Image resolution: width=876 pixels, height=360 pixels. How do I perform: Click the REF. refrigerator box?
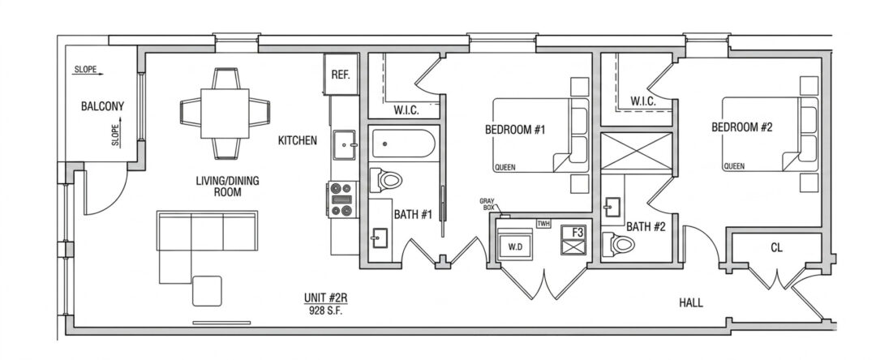341,75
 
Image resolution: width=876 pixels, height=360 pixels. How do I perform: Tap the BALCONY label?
102,106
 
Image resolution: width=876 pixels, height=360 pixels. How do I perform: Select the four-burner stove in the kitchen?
342,199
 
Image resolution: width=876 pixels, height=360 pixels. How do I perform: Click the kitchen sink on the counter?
344,145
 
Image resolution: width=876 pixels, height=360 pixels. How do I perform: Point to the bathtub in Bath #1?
403,144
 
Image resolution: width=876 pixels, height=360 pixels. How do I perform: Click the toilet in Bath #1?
386,180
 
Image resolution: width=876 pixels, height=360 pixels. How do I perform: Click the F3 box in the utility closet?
573,240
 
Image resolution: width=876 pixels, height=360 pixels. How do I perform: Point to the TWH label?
543,224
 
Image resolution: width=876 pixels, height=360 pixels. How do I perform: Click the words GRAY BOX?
487,204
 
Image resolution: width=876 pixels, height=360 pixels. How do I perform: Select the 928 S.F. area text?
325,311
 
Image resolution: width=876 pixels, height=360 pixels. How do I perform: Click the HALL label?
691,303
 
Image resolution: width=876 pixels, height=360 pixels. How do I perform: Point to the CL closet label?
776,248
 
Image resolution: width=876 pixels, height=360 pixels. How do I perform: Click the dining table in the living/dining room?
225,114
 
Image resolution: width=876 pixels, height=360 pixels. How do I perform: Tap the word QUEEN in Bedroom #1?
505,167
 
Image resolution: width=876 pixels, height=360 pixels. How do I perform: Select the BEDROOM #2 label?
742,127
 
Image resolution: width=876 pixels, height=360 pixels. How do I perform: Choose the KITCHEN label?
298,140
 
